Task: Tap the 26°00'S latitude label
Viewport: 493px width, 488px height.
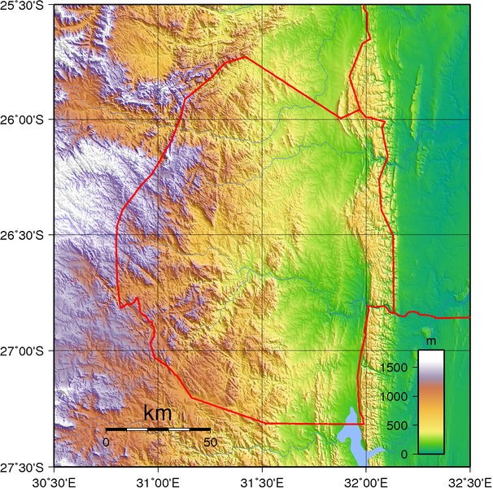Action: pyautogui.click(x=26, y=120)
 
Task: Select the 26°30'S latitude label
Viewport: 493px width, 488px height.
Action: pyautogui.click(x=26, y=235)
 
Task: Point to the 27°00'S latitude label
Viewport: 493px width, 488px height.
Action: pyautogui.click(x=26, y=351)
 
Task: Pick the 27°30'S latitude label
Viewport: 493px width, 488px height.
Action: pyautogui.click(x=26, y=467)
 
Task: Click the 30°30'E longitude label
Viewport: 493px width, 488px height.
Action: pyautogui.click(x=54, y=480)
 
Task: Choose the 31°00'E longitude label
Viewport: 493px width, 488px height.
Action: pyautogui.click(x=158, y=480)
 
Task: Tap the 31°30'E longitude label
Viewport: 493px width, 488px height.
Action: pyautogui.click(x=262, y=480)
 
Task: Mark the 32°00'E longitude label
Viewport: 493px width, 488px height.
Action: pyautogui.click(x=366, y=480)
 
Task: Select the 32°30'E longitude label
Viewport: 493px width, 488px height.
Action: pyautogui.click(x=469, y=480)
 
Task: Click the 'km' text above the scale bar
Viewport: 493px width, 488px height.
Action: pyautogui.click(x=158, y=413)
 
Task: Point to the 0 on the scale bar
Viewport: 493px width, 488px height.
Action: pyautogui.click(x=106, y=442)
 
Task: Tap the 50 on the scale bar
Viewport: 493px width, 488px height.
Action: pyautogui.click(x=210, y=442)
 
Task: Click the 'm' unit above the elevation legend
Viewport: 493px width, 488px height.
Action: pyautogui.click(x=431, y=339)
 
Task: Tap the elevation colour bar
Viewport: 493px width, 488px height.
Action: pyautogui.click(x=431, y=402)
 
